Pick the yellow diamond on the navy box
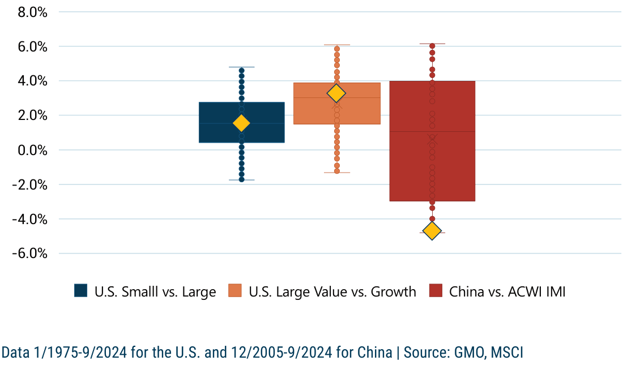tap(241, 123)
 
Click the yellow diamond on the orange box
tap(336, 93)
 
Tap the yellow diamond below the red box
tap(432, 231)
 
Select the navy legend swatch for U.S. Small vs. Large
tap(80, 291)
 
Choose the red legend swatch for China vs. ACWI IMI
tap(435, 291)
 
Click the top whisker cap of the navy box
tap(241, 67)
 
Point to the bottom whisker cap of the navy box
tap(241, 180)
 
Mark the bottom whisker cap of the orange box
tap(336, 173)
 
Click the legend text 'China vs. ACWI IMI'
tap(507, 292)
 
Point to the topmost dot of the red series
tap(432, 46)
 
